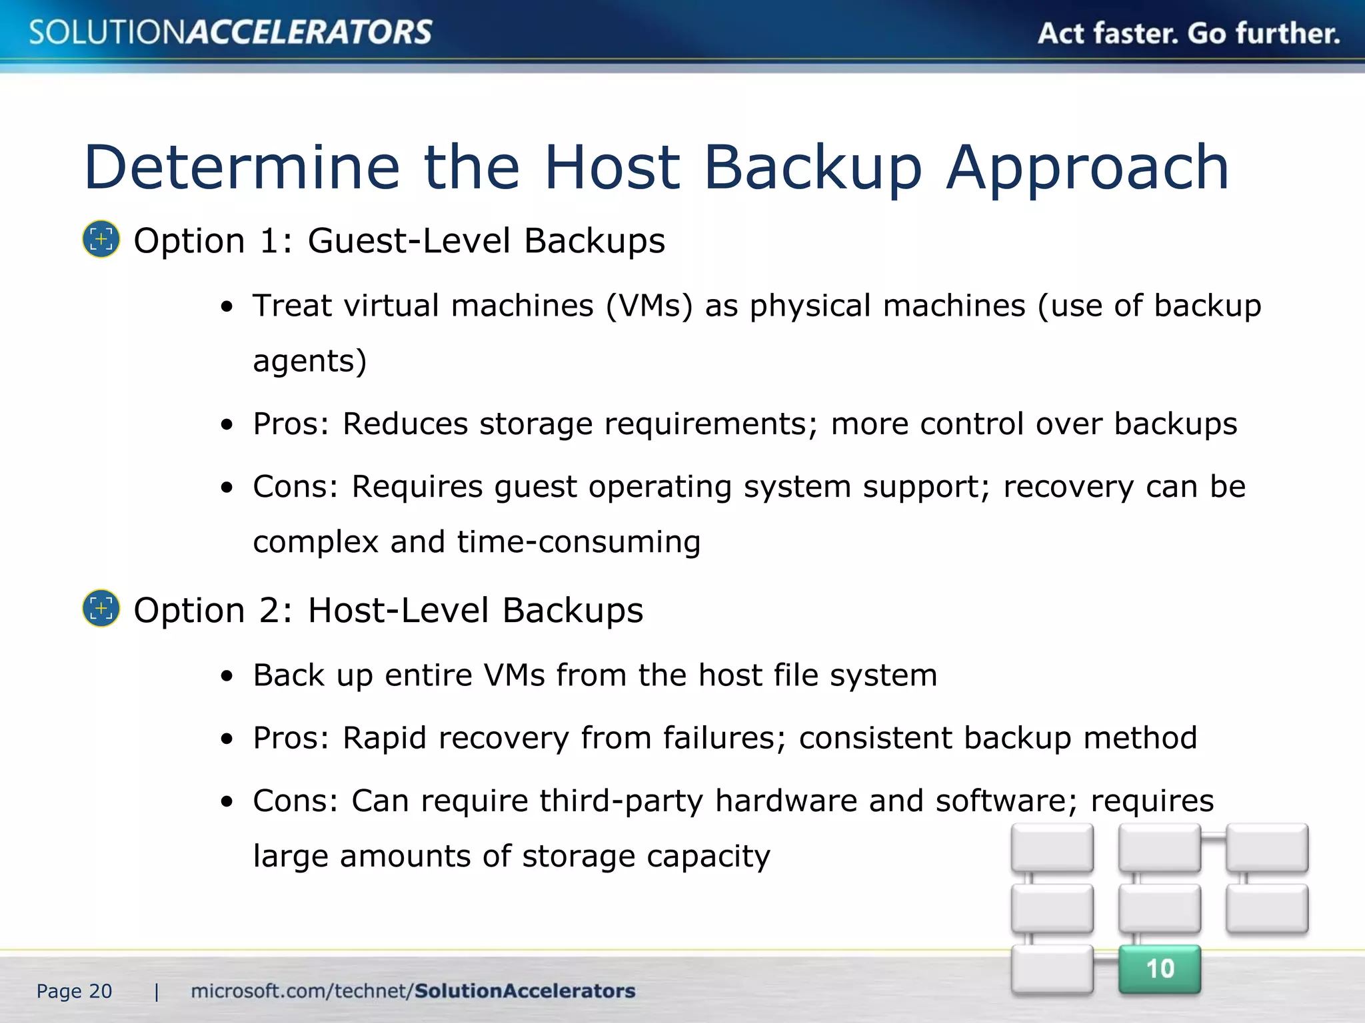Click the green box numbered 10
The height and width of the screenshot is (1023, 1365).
point(1159,969)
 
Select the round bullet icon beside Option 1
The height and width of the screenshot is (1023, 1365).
point(101,239)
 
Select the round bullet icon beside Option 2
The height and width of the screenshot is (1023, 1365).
point(101,608)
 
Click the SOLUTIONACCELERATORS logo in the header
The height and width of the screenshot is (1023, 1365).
point(231,32)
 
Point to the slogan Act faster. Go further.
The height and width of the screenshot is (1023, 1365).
point(1188,33)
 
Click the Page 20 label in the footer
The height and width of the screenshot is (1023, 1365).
point(74,992)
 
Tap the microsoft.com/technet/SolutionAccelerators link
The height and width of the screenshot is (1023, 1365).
point(413,991)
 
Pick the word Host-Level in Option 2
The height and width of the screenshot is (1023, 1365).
point(399,610)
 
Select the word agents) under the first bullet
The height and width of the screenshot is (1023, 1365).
point(310,362)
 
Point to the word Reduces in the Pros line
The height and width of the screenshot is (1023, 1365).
point(405,424)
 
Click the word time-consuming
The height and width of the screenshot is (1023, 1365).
point(579,542)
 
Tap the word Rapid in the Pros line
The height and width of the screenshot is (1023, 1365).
point(384,738)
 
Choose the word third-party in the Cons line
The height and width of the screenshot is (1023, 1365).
point(621,801)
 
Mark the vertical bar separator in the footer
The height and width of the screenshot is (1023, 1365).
point(157,992)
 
